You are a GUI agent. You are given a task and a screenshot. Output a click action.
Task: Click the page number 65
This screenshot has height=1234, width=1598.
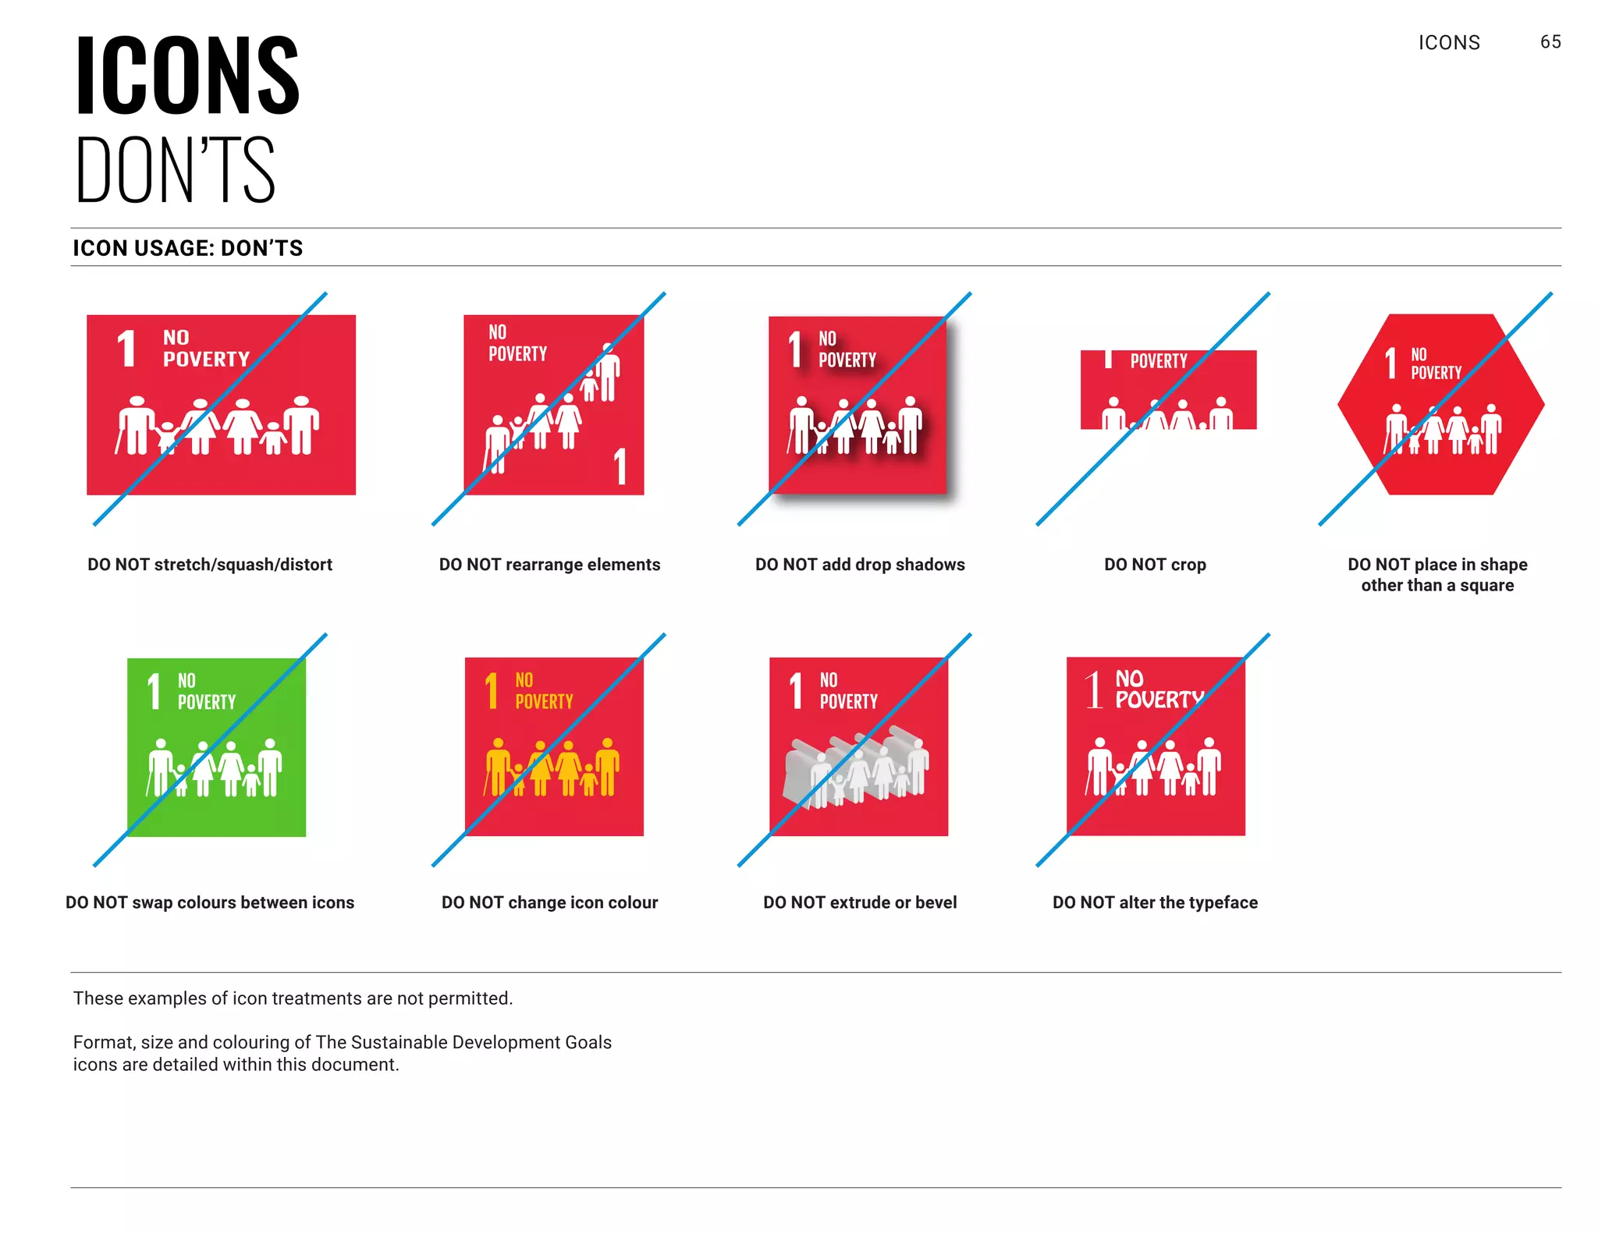pyautogui.click(x=1550, y=42)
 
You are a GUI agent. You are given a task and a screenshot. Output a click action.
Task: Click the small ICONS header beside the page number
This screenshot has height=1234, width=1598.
pyautogui.click(x=1449, y=43)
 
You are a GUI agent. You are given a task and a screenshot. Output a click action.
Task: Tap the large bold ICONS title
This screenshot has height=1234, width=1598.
pyautogui.click(x=187, y=76)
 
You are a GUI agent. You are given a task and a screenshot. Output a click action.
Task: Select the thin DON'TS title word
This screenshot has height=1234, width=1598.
pyautogui.click(x=176, y=170)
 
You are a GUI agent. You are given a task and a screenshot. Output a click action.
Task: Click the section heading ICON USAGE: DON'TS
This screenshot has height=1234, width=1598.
pyautogui.click(x=188, y=248)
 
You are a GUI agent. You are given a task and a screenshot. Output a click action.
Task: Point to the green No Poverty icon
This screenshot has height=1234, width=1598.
pyautogui.click(x=216, y=746)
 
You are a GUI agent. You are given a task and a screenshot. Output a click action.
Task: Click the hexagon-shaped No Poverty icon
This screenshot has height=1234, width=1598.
pyautogui.click(x=1440, y=404)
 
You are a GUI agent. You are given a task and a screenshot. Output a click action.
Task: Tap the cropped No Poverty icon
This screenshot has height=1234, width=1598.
pyautogui.click(x=1168, y=389)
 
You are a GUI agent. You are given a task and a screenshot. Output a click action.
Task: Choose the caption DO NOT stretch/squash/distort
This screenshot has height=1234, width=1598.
pyautogui.click(x=210, y=564)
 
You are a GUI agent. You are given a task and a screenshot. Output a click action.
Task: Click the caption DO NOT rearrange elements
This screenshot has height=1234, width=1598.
pyautogui.click(x=549, y=564)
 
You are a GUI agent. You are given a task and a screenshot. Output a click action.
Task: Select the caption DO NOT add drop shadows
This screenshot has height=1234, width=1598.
pyautogui.click(x=860, y=564)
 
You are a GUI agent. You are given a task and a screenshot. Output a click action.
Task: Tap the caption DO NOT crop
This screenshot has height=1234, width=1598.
pyautogui.click(x=1155, y=564)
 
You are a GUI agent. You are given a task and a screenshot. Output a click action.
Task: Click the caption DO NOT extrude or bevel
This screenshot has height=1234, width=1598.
pyautogui.click(x=860, y=902)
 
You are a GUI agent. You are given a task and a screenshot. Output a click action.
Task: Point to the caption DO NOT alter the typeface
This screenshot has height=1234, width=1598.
pyautogui.click(x=1155, y=902)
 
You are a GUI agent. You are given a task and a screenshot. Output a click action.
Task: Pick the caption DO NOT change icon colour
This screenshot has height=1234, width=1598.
pyautogui.click(x=549, y=902)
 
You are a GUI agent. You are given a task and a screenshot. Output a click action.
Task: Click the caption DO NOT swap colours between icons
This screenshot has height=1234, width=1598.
pyautogui.click(x=210, y=902)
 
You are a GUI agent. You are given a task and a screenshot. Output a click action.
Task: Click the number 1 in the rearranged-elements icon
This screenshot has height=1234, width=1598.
pyautogui.click(x=620, y=466)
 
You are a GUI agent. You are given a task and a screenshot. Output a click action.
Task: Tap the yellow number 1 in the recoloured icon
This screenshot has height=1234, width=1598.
pyautogui.click(x=492, y=690)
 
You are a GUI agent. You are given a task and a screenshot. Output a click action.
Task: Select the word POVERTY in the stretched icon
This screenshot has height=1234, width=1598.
pyautogui.click(x=206, y=360)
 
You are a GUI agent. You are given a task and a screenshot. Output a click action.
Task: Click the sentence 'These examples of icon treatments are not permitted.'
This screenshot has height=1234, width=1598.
pyautogui.click(x=293, y=998)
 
